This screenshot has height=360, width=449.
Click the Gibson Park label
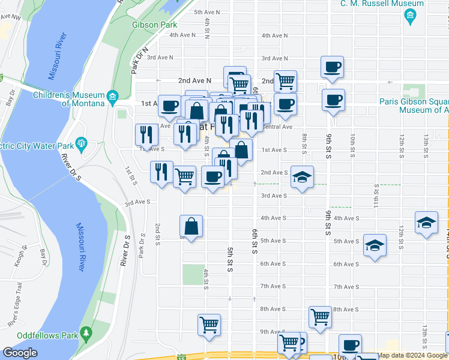point(154,25)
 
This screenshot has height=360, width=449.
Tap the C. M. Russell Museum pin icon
point(411,17)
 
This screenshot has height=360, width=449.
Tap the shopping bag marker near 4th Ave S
point(191,227)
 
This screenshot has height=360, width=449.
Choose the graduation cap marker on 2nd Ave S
point(302,177)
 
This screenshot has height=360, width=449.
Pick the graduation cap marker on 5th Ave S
point(375,245)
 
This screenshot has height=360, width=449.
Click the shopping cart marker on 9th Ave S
point(209,325)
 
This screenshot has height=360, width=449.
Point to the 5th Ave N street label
point(207,12)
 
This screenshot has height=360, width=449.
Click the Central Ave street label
point(278,127)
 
